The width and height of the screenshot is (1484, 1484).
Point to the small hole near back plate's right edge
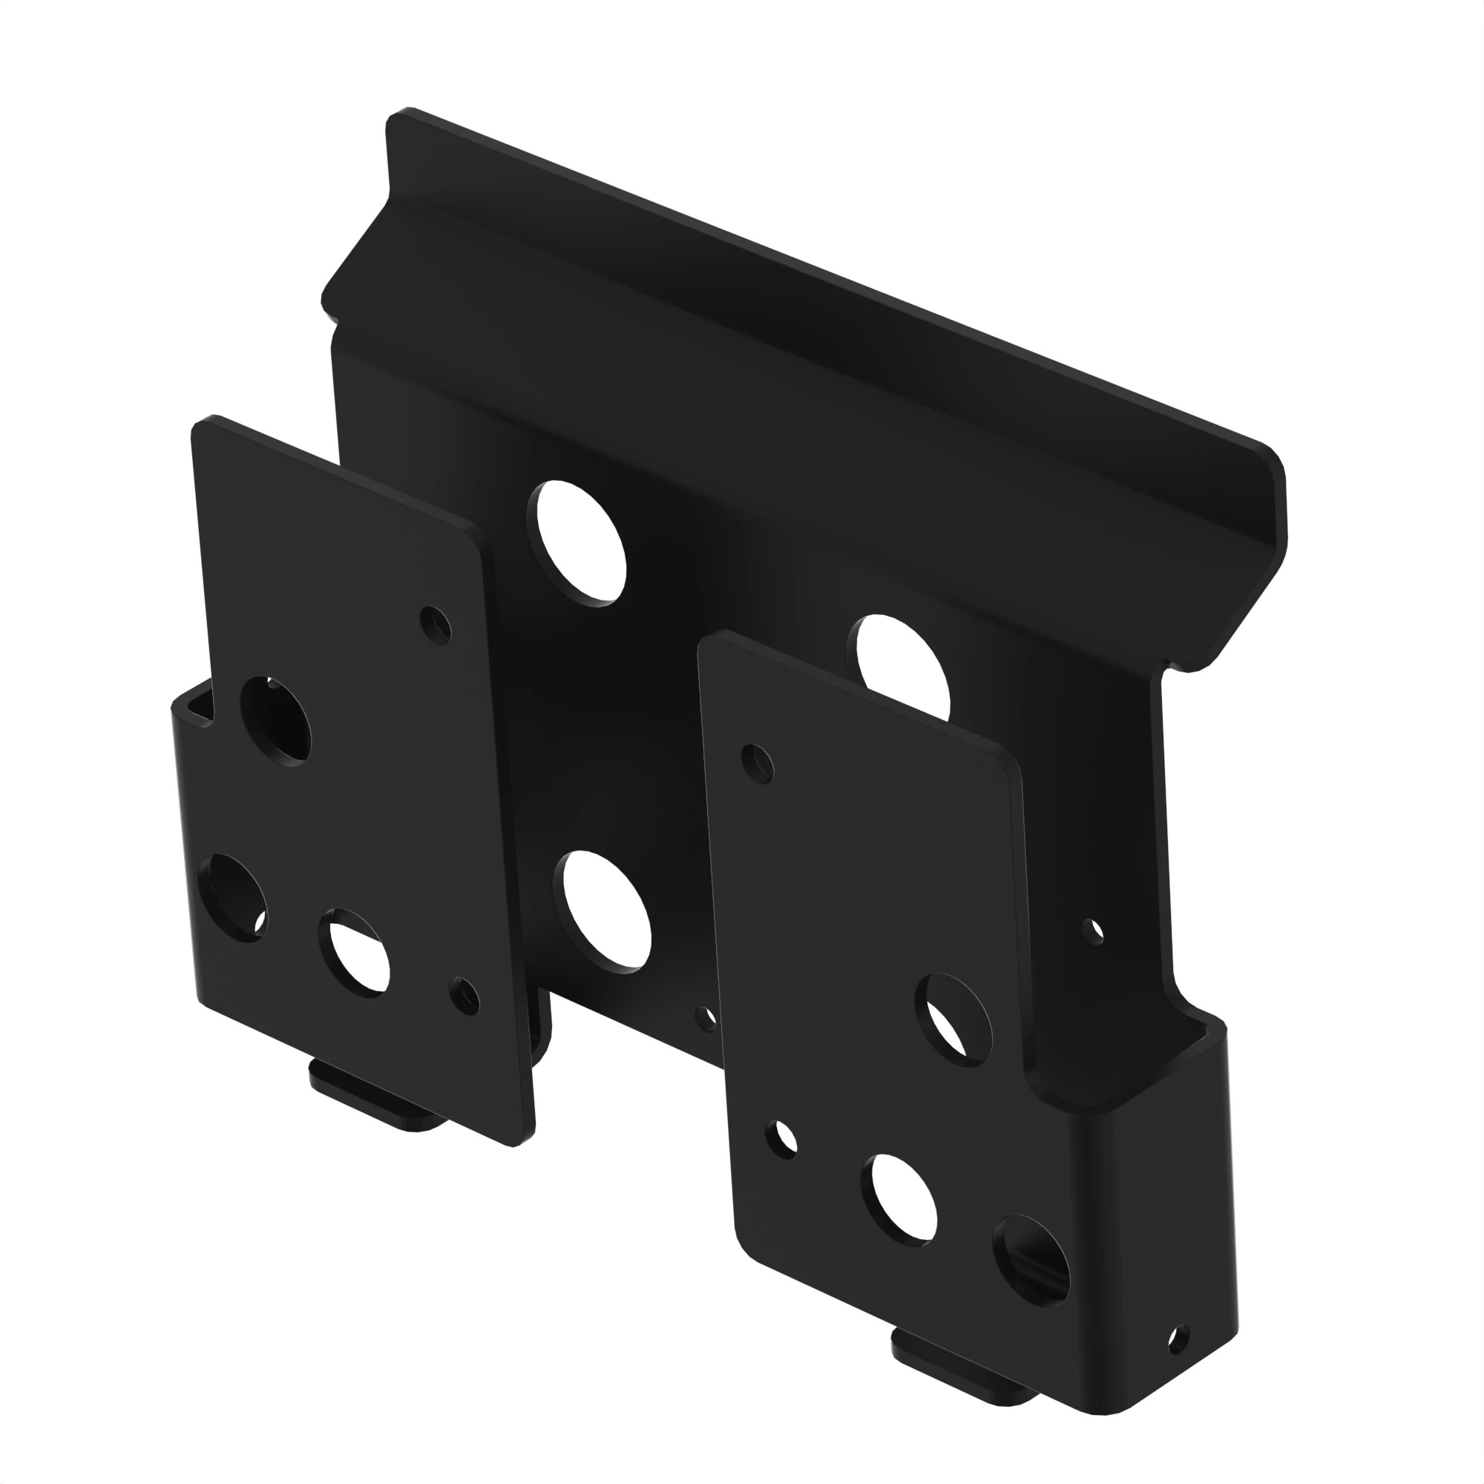coord(1092,931)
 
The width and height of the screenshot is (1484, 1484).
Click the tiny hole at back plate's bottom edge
coord(706,1019)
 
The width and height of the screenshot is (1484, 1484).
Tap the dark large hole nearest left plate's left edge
coord(233,898)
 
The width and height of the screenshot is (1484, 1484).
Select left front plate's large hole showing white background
coord(355,953)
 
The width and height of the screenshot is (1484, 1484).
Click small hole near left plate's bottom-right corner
coord(464,997)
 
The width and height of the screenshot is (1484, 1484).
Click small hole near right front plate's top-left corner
coord(758,764)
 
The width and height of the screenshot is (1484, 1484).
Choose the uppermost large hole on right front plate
coord(953,1020)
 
